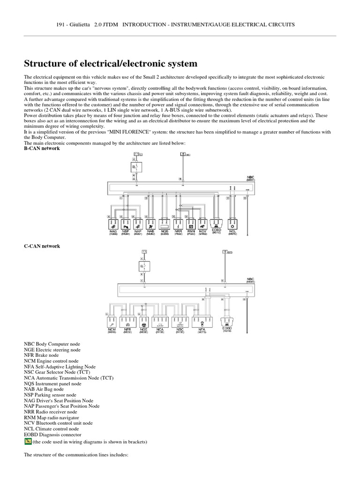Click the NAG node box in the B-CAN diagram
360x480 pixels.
click(x=114, y=223)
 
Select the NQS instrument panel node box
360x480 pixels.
click(x=165, y=223)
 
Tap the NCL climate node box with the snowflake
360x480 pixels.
click(x=232, y=223)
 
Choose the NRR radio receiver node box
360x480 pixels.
click(x=179, y=223)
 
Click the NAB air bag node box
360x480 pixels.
click(x=150, y=223)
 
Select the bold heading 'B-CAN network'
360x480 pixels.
click(x=42, y=148)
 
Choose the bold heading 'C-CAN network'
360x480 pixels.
click(x=42, y=246)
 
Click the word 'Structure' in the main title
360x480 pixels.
click(x=46, y=63)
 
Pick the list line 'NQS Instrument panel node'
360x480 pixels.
click(x=52, y=383)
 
